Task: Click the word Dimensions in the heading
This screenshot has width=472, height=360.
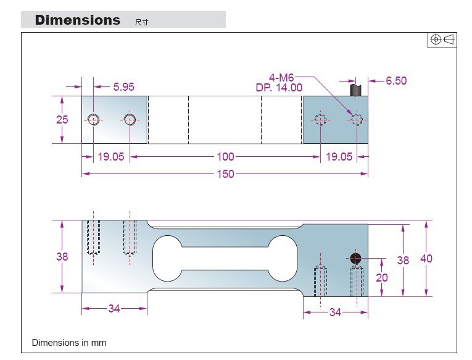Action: click(x=78, y=20)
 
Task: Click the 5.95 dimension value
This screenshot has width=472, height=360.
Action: click(x=123, y=87)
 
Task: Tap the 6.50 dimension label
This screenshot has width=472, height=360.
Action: click(x=396, y=81)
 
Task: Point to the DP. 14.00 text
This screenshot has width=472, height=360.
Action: click(x=279, y=88)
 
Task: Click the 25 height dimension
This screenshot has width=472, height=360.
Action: click(x=62, y=120)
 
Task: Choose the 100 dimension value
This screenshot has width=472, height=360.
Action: click(x=225, y=157)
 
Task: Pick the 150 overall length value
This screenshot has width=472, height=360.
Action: click(x=225, y=174)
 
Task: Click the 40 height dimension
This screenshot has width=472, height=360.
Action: click(x=426, y=259)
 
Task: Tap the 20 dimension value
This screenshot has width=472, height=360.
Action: click(x=382, y=278)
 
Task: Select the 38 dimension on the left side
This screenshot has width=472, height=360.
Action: click(x=62, y=256)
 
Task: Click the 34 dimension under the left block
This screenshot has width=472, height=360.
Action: click(x=114, y=308)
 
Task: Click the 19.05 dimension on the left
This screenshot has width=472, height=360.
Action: click(x=111, y=157)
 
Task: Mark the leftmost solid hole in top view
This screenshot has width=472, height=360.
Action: click(x=93, y=119)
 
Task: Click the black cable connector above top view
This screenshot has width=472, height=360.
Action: click(x=354, y=90)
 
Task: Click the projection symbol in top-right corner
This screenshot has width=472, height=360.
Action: click(x=442, y=40)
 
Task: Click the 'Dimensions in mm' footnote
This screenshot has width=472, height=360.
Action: click(x=69, y=342)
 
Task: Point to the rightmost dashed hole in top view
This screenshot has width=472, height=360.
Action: click(x=356, y=120)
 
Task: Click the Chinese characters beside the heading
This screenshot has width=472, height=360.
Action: click(x=141, y=22)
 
